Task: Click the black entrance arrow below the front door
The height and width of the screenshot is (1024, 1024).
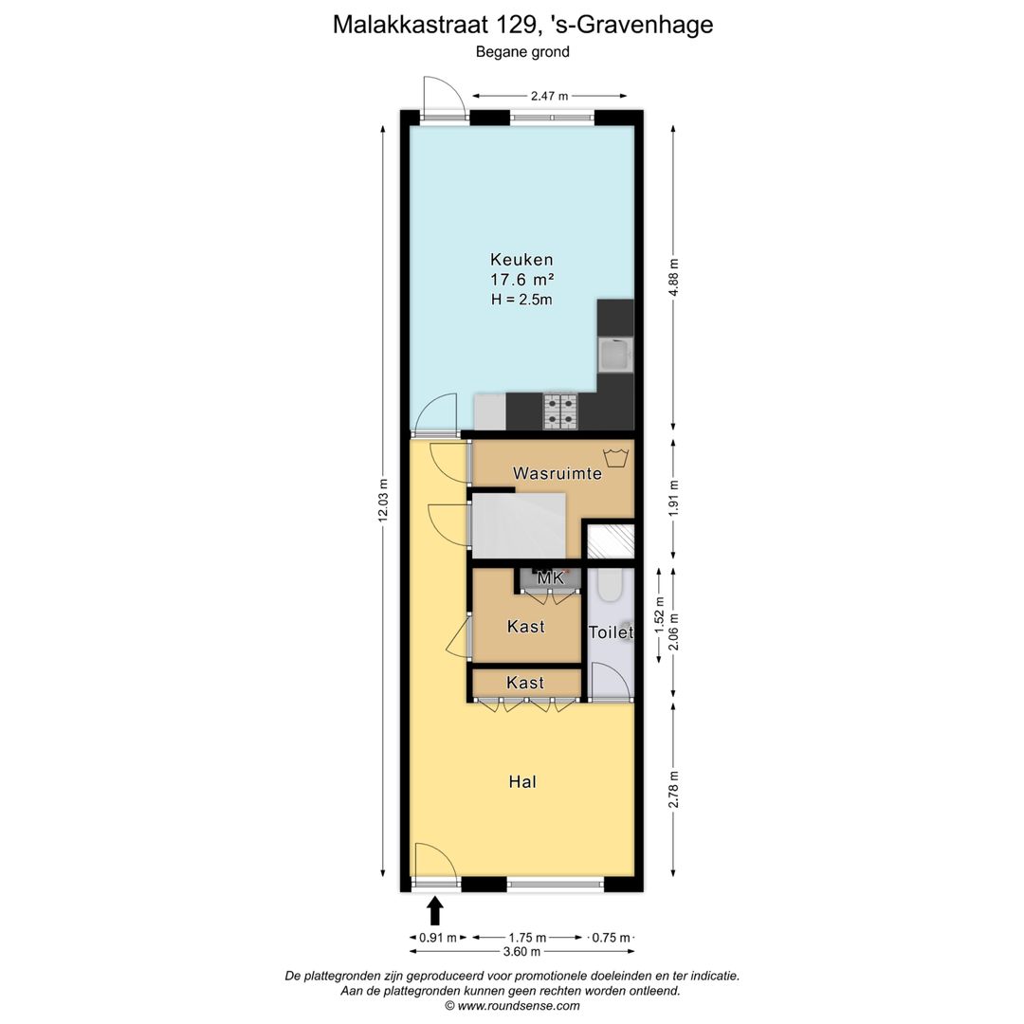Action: [435, 911]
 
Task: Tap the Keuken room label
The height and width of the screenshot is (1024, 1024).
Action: [521, 259]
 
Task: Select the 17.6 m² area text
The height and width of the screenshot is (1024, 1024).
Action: [521, 280]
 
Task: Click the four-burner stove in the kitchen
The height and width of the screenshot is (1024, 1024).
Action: [559, 410]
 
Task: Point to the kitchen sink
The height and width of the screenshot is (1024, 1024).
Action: [614, 356]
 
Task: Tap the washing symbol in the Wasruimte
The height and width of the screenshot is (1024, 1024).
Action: [616, 458]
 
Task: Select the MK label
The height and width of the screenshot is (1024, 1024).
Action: [550, 577]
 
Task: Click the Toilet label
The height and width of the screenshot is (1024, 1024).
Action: [611, 632]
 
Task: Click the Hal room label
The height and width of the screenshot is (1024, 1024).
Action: [522, 782]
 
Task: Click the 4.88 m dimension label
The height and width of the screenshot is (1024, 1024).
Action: [673, 278]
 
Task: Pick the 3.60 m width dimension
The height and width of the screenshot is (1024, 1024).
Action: [521, 952]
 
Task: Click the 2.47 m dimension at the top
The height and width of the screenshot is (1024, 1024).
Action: [550, 96]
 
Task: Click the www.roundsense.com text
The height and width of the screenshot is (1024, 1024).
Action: [519, 1006]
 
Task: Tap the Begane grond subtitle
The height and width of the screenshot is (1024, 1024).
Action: [522, 52]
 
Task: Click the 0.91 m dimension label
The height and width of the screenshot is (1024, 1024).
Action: [438, 938]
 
